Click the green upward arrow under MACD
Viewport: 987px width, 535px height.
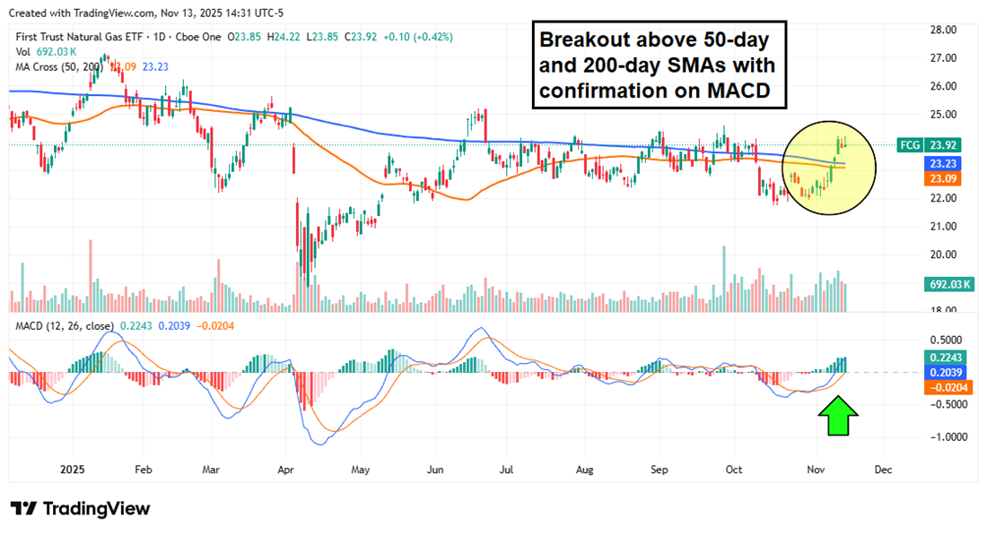point(839,419)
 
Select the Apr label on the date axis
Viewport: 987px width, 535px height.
point(287,469)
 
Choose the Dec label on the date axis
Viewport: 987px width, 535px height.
point(883,469)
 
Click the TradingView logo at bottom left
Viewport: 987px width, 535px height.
point(80,508)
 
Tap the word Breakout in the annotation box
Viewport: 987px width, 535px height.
point(582,41)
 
